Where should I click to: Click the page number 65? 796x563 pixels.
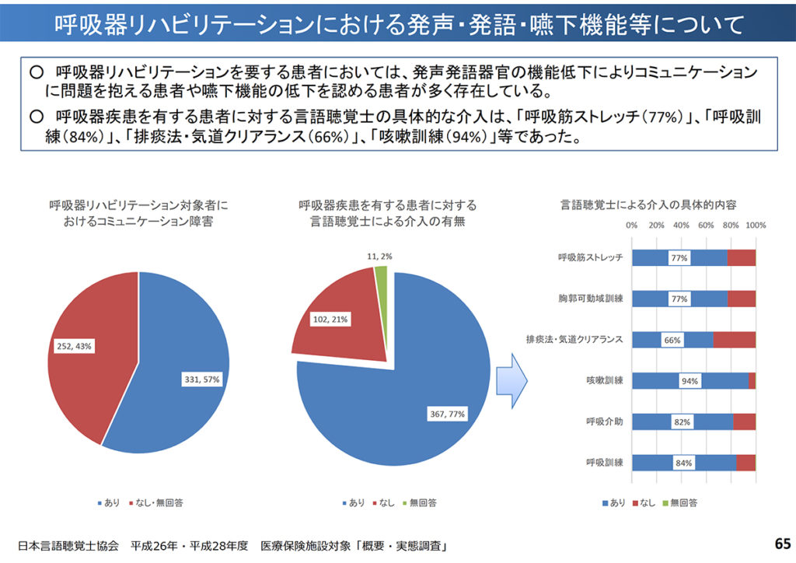[781, 543]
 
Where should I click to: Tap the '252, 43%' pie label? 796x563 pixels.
[74, 346]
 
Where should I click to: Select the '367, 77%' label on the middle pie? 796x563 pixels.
[447, 414]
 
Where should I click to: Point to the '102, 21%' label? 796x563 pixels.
[329, 319]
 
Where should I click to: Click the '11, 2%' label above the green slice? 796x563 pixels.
[381, 256]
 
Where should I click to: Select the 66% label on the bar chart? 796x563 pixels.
[672, 341]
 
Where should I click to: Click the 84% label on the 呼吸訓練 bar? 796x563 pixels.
[684, 463]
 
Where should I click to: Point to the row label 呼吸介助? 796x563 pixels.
[604, 421]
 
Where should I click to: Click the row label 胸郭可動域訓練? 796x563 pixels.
[591, 299]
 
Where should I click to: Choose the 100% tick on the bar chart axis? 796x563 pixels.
[756, 226]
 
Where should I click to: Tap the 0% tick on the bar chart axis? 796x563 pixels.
[631, 226]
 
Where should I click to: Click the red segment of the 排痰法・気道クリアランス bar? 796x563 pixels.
[734, 340]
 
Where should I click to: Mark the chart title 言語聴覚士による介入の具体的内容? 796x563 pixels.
[648, 205]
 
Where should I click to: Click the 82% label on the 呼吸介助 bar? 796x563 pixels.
[682, 422]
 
